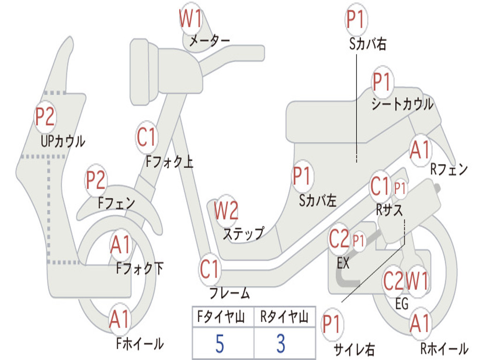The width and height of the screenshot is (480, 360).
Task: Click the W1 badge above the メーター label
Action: (x=191, y=20)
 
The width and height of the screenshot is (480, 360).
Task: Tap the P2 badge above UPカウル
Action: (x=45, y=117)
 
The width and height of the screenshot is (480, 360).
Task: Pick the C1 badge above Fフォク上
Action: (x=147, y=137)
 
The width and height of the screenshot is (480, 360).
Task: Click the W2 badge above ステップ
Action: (x=226, y=211)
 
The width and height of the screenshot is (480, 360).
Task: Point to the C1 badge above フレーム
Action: (x=210, y=270)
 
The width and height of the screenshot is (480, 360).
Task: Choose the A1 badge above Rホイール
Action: (x=420, y=323)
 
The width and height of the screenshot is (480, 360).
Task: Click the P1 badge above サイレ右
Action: (x=332, y=325)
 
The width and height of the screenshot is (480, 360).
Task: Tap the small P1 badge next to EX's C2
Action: (x=359, y=241)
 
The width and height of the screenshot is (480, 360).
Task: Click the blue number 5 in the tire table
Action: (x=220, y=344)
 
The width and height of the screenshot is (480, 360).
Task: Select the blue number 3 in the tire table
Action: (x=281, y=344)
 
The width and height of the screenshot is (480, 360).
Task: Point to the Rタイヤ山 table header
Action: (x=284, y=318)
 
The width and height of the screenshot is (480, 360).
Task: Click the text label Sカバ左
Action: (x=318, y=201)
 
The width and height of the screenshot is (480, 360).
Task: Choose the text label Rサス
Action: (x=390, y=210)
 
